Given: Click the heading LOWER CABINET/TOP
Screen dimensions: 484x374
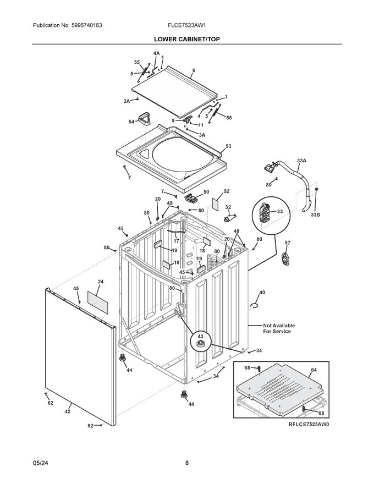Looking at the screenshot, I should tap(187, 40).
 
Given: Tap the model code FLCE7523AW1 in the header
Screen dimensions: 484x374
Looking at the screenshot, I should tap(186, 26).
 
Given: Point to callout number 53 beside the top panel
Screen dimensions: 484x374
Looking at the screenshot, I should tap(228, 146).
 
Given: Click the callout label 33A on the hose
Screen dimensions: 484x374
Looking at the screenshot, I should tap(301, 161).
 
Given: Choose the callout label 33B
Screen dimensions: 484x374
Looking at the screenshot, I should tap(315, 215).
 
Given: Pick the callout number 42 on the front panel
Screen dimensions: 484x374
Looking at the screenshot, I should tap(68, 411).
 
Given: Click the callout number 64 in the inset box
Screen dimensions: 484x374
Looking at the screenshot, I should tap(313, 370).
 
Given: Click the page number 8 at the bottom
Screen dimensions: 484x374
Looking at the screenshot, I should tap(187, 463).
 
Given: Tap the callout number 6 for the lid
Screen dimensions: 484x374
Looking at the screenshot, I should tap(194, 71).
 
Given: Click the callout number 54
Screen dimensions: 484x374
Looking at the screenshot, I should tap(131, 122).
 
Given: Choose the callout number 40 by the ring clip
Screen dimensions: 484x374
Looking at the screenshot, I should tap(262, 292).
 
